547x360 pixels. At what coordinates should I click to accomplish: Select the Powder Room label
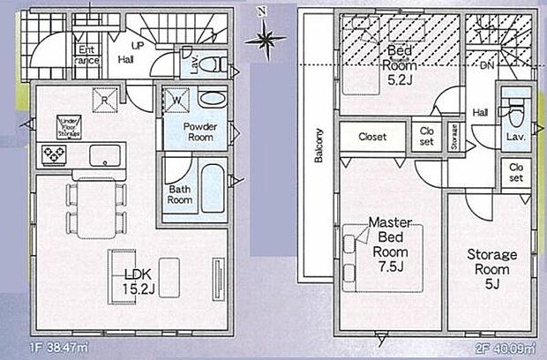(x=200, y=131)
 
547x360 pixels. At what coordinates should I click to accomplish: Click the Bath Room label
(x=180, y=193)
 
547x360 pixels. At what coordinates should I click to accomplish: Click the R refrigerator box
(x=104, y=99)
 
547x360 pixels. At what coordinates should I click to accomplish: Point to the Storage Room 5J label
(x=491, y=269)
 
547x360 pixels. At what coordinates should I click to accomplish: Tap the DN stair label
(x=485, y=64)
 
